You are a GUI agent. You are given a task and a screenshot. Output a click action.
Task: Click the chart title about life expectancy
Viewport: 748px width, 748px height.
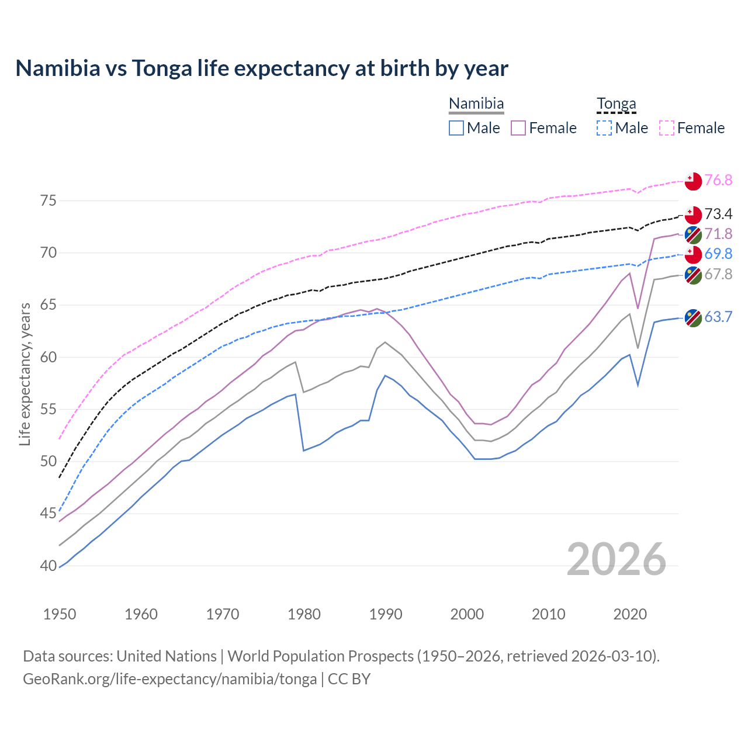[262, 68]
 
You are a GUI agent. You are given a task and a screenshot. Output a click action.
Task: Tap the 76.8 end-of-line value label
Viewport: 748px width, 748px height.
[718, 180]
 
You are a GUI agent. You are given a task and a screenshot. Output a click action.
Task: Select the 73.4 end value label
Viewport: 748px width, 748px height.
[718, 214]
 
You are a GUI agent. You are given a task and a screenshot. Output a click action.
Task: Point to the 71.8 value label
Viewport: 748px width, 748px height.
[718, 234]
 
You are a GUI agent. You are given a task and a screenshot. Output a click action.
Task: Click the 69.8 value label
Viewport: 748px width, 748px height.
[718, 254]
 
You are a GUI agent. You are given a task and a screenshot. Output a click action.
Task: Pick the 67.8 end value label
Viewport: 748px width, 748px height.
[718, 274]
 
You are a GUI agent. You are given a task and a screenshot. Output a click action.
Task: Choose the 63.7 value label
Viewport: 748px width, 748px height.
[718, 317]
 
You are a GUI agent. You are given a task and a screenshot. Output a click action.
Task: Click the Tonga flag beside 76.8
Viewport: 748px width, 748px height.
[692, 181]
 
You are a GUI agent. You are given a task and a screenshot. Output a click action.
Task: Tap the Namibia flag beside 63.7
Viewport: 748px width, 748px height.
[692, 318]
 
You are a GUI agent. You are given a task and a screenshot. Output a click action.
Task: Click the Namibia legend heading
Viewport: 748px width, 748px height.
[476, 104]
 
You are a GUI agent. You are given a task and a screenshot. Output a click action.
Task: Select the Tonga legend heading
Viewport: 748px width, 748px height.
[616, 104]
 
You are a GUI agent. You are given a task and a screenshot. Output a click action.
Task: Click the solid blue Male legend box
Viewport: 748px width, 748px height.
[456, 128]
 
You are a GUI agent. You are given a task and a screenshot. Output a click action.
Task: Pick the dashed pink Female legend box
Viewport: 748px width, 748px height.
[667, 128]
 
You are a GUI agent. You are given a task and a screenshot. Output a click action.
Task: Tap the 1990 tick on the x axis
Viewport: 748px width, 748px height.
[386, 614]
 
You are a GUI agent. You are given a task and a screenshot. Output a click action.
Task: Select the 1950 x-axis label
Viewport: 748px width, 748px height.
[60, 614]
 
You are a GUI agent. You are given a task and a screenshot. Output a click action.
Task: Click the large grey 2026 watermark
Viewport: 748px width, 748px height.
[616, 559]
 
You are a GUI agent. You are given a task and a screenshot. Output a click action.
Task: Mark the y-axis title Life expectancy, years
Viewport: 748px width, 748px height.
[25, 374]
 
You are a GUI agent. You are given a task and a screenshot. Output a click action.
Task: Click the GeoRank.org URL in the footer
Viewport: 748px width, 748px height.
[169, 679]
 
